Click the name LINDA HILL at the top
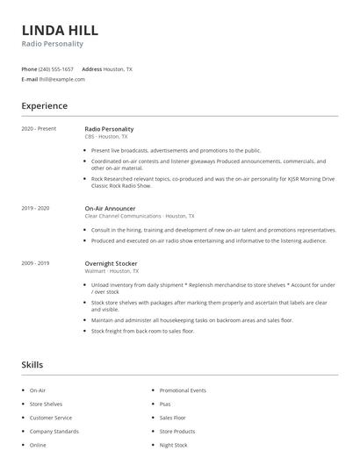click(60, 29)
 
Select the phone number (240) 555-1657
click(57, 68)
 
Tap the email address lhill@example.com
click(62, 79)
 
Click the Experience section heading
click(44, 106)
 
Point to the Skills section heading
click(32, 365)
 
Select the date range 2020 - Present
click(39, 129)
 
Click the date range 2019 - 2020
click(35, 208)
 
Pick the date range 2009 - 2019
click(35, 263)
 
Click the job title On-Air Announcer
click(111, 208)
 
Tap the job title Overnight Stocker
click(112, 263)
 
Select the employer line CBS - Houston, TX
click(105, 137)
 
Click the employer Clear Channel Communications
click(122, 216)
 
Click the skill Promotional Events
click(183, 390)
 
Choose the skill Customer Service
click(51, 418)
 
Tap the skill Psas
click(165, 404)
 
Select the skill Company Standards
click(54, 432)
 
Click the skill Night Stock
click(173, 445)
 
